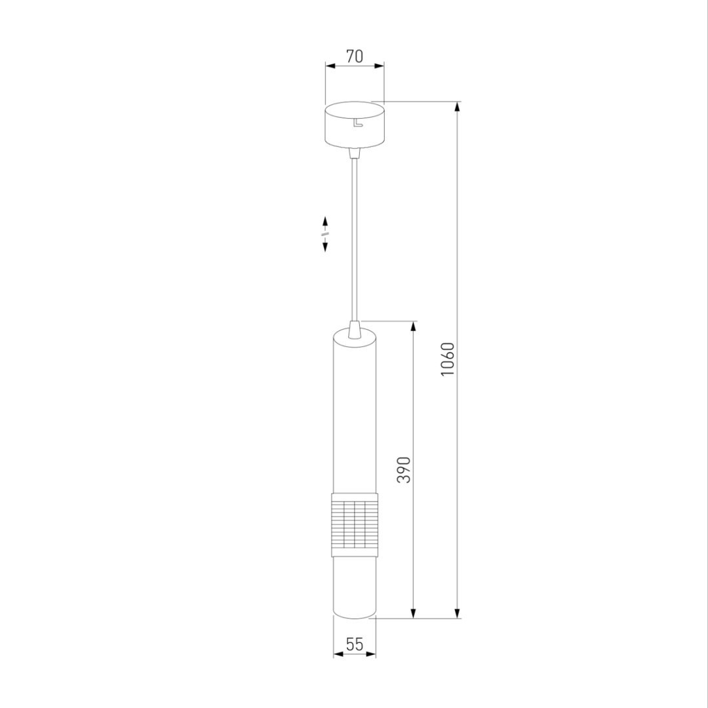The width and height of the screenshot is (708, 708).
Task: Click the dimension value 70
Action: [355, 56]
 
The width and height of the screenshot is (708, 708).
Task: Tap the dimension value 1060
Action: [448, 359]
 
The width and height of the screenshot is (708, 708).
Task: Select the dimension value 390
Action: [404, 470]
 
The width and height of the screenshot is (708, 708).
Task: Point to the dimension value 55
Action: [355, 644]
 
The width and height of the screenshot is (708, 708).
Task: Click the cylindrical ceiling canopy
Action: [355, 125]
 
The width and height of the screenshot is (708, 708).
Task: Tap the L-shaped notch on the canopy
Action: [358, 123]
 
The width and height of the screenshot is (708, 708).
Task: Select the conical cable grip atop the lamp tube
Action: [355, 330]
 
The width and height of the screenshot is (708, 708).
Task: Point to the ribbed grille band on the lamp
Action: [355, 524]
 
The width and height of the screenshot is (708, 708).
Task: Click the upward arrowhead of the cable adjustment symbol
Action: [325, 222]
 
